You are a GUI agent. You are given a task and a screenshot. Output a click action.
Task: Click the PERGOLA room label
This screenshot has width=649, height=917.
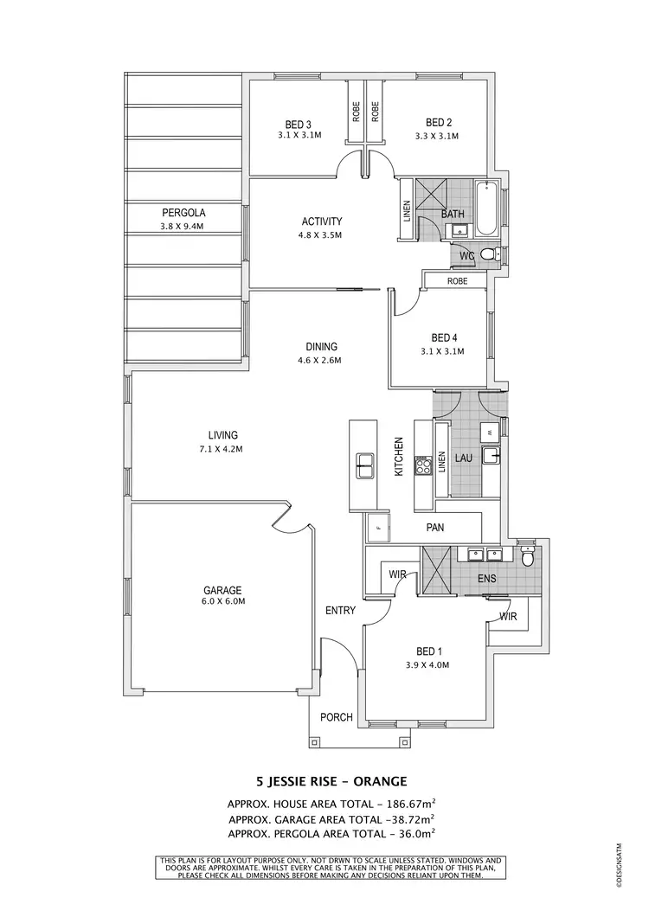tap(183, 213)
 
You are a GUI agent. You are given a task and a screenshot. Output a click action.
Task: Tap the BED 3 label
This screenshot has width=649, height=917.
tap(299, 123)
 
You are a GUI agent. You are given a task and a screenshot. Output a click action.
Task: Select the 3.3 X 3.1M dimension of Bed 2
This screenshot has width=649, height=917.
tap(437, 136)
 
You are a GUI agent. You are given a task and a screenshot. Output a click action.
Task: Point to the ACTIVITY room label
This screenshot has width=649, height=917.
tap(322, 221)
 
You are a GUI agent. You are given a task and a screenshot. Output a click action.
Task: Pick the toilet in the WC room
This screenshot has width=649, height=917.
tap(488, 254)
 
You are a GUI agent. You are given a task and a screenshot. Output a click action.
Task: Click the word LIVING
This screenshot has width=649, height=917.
tap(222, 435)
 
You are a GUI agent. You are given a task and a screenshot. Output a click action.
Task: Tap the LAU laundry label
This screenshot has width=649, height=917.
tap(463, 457)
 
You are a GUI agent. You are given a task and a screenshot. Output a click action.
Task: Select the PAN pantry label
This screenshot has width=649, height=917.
tap(434, 526)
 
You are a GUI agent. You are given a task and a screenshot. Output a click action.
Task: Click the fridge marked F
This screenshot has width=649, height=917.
tap(377, 526)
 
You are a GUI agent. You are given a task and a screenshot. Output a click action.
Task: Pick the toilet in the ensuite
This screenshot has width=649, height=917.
tap(526, 555)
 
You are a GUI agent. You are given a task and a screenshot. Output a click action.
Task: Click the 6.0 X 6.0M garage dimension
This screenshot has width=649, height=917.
tap(222, 604)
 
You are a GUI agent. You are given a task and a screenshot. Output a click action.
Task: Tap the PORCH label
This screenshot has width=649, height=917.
tap(336, 717)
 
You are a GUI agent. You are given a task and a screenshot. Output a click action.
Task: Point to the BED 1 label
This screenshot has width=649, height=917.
tap(428, 651)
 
